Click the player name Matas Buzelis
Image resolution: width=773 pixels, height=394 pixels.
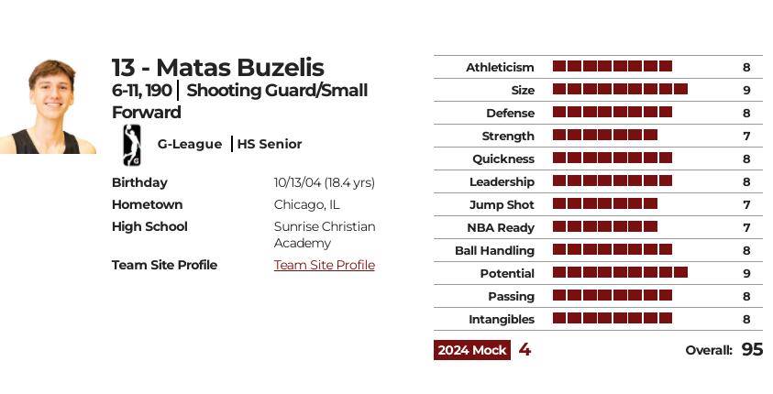click(x=217, y=68)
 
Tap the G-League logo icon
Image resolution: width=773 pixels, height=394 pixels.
click(x=131, y=144)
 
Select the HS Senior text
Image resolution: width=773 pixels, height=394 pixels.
click(x=270, y=144)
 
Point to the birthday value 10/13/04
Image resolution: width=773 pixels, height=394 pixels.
click(x=324, y=182)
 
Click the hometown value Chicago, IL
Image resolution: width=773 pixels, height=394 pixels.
click(x=306, y=204)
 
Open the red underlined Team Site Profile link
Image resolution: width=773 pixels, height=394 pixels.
click(x=324, y=265)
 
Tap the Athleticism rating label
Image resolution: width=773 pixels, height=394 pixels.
click(x=500, y=67)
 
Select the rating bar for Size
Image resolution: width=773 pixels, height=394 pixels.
click(x=620, y=90)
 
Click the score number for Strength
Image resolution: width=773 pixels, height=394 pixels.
click(x=746, y=136)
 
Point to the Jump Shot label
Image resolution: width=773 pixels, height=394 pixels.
click(x=502, y=204)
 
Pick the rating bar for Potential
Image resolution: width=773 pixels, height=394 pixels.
click(x=620, y=273)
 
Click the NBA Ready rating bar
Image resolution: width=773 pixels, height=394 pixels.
click(x=605, y=227)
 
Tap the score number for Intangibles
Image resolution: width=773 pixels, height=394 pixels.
click(x=746, y=319)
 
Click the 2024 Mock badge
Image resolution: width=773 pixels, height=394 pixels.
click(x=472, y=350)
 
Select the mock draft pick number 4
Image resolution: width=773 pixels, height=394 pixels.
click(x=525, y=349)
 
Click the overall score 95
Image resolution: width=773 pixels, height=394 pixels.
click(x=752, y=349)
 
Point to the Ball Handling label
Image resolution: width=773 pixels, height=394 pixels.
click(x=494, y=250)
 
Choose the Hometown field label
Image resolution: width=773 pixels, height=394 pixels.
click(x=147, y=204)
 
